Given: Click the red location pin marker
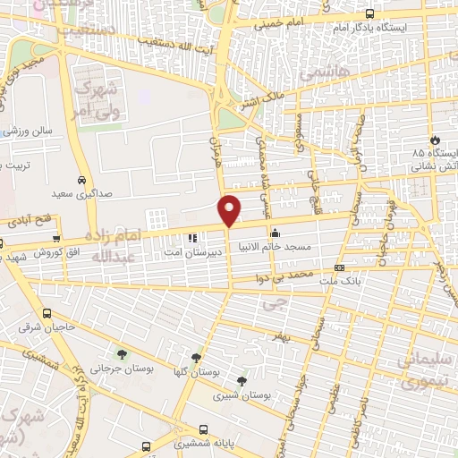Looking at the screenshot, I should point(230,209).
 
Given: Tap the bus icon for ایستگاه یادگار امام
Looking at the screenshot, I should point(370,13).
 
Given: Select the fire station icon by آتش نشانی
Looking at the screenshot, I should point(435,140).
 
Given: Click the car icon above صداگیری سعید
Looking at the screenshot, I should point(81,178).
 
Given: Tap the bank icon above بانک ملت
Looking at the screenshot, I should point(339,267).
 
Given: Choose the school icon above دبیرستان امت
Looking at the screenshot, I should point(191,238).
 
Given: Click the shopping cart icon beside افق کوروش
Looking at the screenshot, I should point(56,239).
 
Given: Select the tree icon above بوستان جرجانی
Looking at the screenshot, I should point(121,355).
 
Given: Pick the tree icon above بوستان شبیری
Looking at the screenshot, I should point(241,381).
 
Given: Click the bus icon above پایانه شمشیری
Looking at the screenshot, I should point(205,429).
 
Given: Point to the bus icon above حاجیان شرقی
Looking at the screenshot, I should point(47,314).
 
